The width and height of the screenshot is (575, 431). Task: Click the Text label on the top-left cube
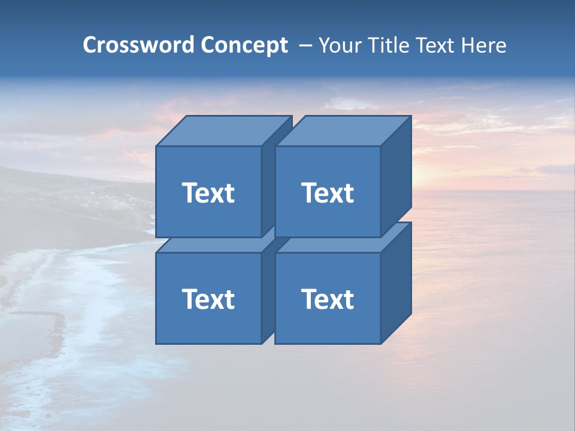tap(208, 193)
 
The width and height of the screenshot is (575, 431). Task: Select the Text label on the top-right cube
tap(327, 193)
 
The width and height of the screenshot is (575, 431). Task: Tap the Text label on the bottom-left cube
tap(208, 299)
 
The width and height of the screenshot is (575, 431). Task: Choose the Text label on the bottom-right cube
tap(327, 299)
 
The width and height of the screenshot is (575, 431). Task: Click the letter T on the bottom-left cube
tap(190, 299)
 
